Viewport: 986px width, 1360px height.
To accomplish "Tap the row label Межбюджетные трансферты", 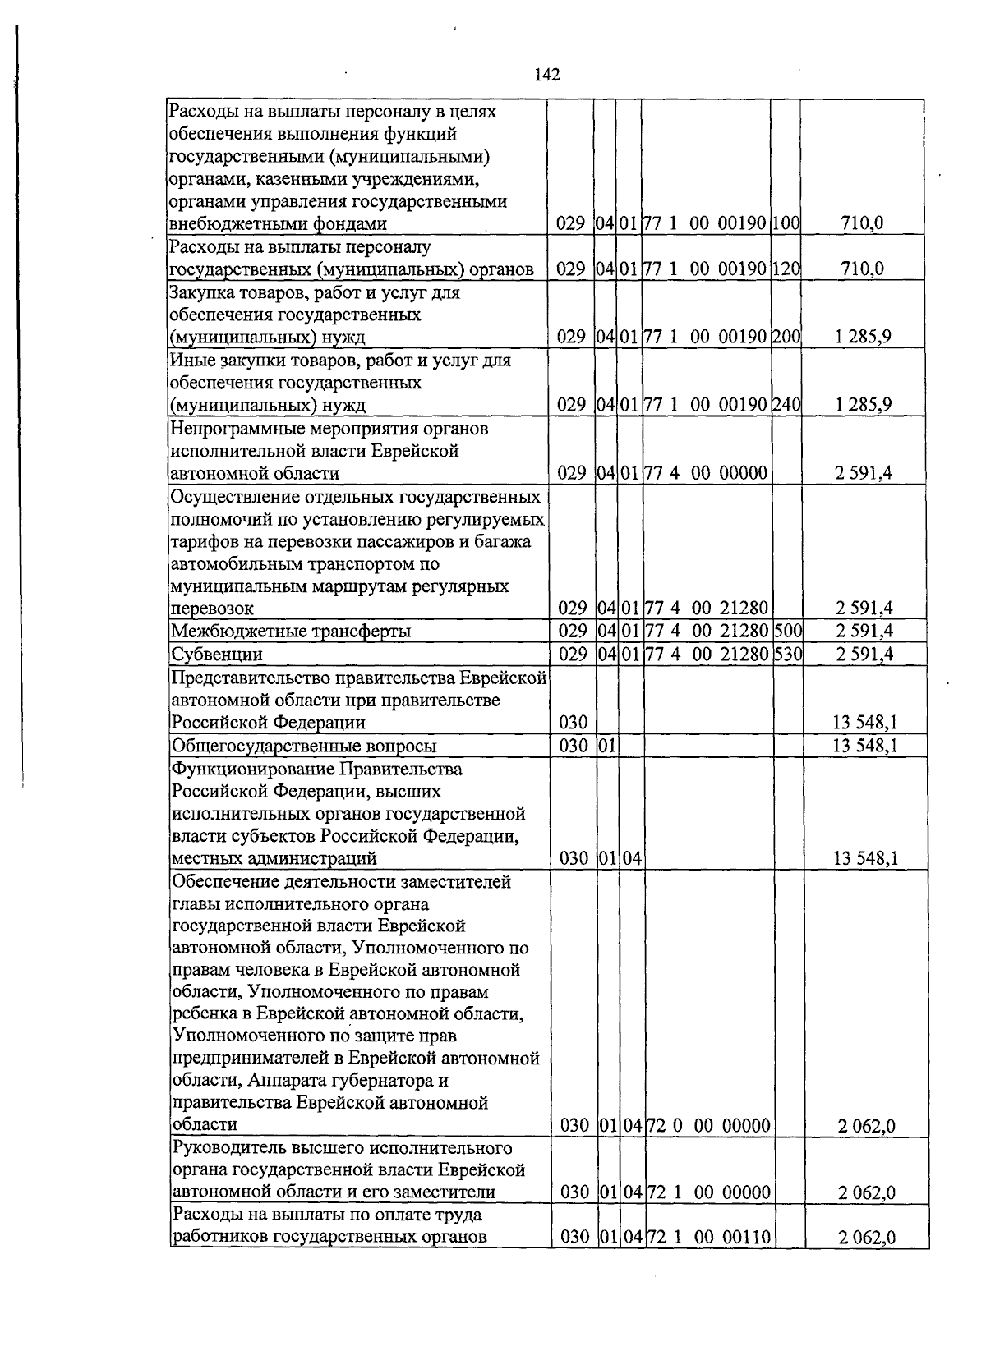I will click(x=290, y=632).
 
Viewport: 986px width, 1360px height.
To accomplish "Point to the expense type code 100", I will click(x=786, y=223).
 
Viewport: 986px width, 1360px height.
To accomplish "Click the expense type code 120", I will click(x=786, y=269).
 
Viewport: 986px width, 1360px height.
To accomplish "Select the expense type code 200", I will click(x=786, y=337).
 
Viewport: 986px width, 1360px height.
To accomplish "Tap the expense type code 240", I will click(x=786, y=404).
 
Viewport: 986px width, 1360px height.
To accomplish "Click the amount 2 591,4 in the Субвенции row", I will click(x=864, y=654).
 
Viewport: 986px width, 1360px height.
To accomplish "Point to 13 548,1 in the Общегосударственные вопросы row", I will click(x=864, y=746).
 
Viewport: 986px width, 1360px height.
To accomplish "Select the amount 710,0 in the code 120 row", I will click(x=862, y=269).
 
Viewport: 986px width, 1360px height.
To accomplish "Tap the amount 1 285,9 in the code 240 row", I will click(x=864, y=404).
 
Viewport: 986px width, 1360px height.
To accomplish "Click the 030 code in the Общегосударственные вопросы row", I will click(x=573, y=746).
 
